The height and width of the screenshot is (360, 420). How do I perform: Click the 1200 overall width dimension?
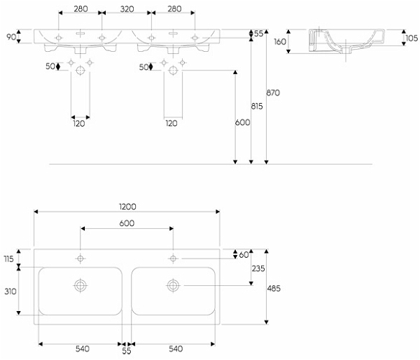[127, 207]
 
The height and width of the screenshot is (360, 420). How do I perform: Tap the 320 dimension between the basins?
[127, 9]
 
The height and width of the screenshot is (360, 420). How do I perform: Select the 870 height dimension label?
[273, 93]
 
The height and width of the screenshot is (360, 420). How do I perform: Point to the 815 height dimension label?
[257, 107]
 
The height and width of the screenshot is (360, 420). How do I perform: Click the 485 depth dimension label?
[274, 289]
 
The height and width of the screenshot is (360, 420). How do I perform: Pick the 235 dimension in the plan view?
[258, 269]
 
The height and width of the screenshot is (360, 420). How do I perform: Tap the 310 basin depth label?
[11, 292]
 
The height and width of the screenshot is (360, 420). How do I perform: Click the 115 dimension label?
[9, 259]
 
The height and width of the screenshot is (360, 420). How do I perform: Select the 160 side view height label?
[280, 42]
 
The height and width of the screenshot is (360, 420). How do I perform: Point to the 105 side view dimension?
[411, 38]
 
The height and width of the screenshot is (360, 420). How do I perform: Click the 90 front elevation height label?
[12, 37]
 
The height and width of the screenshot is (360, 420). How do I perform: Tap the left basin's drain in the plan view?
[80, 285]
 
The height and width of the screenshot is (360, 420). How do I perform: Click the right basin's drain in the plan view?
[173, 285]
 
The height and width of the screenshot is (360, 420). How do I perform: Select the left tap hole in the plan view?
[80, 258]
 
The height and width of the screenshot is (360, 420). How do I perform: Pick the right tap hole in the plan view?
[173, 258]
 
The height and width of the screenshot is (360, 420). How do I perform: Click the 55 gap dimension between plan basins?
[127, 351]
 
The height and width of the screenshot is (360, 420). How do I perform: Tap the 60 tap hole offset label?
[244, 255]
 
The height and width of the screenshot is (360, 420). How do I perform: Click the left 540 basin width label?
[82, 348]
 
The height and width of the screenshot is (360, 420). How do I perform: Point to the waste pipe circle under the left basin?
[81, 71]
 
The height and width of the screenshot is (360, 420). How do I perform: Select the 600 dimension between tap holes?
[127, 223]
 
